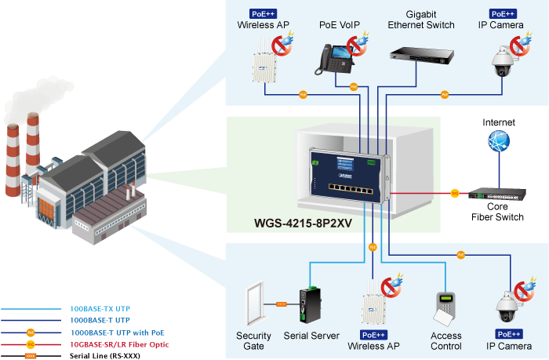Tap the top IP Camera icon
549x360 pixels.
pos(500,60)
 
